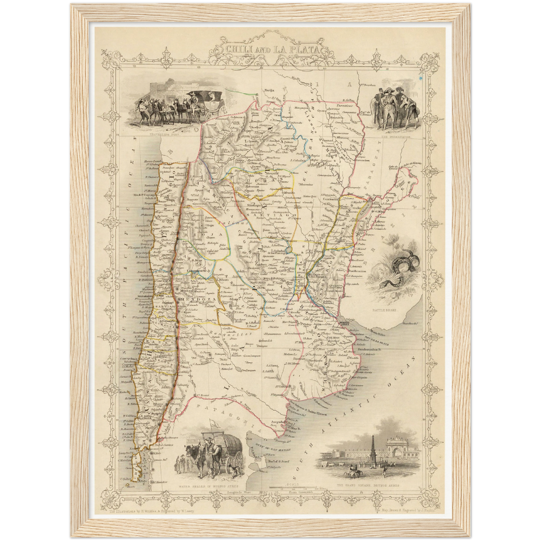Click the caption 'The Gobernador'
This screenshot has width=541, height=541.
pyautogui.click(x=396, y=137)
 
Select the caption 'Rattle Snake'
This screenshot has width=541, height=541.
pyautogui.click(x=384, y=310)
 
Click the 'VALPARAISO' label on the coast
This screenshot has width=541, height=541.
pyautogui.click(x=145, y=295)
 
